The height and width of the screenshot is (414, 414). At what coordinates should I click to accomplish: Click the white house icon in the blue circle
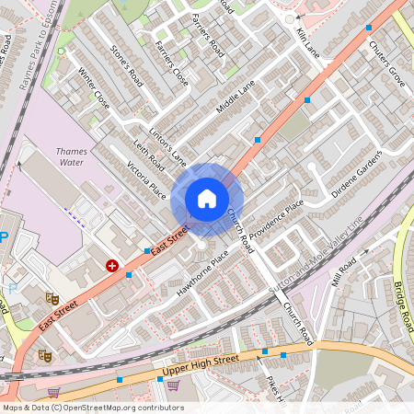pos(207,199)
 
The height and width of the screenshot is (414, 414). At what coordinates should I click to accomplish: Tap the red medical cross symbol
pos(112,265)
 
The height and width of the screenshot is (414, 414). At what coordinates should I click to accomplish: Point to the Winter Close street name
pos(94,88)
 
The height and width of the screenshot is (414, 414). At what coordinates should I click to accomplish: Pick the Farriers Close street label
pos(172,64)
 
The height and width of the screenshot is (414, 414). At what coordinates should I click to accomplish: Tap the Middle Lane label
pos(235,99)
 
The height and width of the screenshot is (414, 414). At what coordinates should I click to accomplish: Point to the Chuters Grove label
pos(386,58)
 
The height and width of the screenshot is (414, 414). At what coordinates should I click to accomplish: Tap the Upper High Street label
pos(200,365)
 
